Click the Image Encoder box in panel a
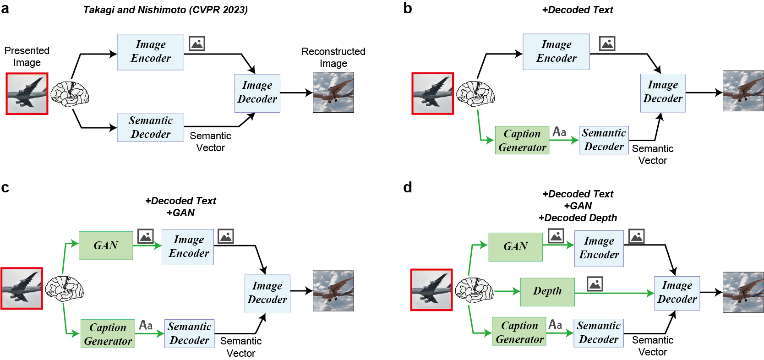click(x=150, y=52)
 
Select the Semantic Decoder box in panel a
click(x=150, y=128)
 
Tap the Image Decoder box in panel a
click(x=257, y=93)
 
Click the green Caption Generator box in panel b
click(x=522, y=140)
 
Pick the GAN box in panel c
click(x=106, y=245)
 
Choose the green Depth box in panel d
click(x=547, y=291)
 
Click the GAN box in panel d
click(x=515, y=246)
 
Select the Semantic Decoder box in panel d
click(x=598, y=333)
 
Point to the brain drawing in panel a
click(x=70, y=94)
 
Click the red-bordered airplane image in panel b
click(x=432, y=93)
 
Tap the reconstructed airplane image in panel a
click(x=333, y=93)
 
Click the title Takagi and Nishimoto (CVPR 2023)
click(x=165, y=10)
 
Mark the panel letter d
click(x=407, y=187)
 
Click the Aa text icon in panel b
click(x=559, y=132)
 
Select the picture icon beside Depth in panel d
click(x=595, y=284)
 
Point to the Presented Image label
click(x=27, y=56)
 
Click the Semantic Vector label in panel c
click(x=240, y=347)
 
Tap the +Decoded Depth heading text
click(x=578, y=218)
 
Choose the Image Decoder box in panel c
click(x=267, y=293)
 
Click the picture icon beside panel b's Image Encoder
click(x=607, y=44)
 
